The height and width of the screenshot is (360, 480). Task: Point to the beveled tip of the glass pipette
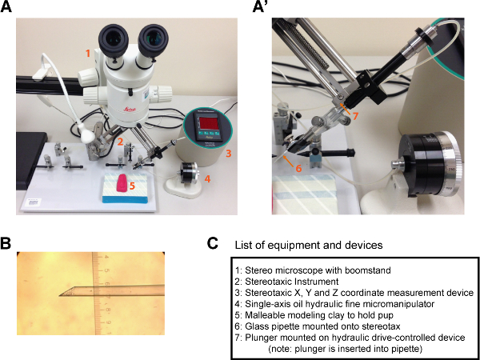pyautogui.click(x=62, y=296)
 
